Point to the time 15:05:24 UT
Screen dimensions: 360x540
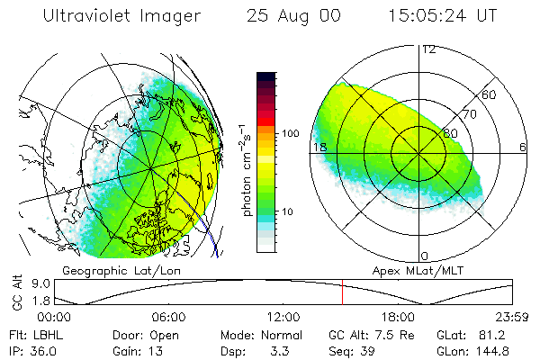[444, 16]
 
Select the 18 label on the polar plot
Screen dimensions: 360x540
[318, 147]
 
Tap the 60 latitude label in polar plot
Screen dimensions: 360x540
[490, 94]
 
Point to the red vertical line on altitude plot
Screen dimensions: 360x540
[342, 292]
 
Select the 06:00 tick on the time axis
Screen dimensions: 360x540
[168, 317]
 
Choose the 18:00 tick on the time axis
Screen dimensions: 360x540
[398, 317]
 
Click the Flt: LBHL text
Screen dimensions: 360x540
[31, 335]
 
